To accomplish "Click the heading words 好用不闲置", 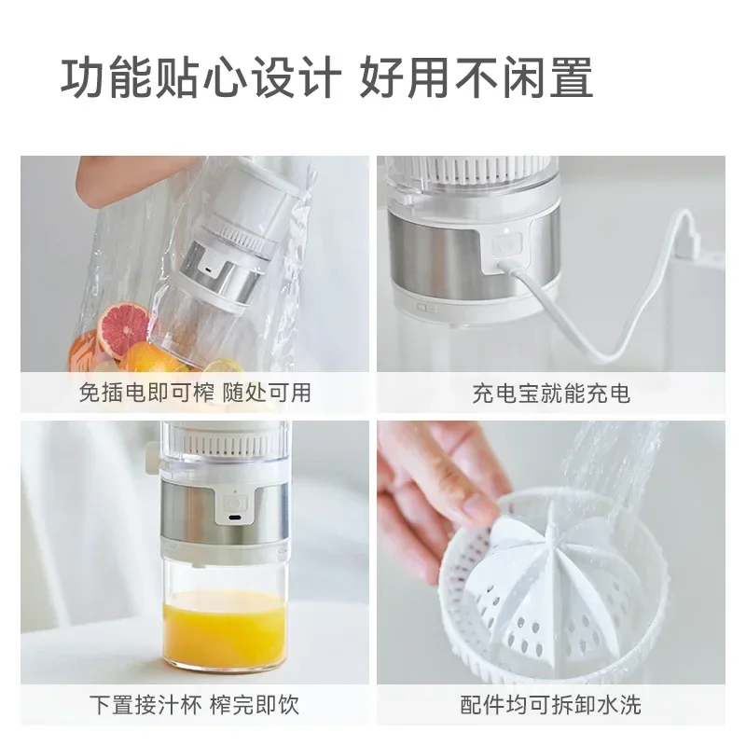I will point(476,79).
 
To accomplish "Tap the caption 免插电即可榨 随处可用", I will point(194,393).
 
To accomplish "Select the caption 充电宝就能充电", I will point(551,393).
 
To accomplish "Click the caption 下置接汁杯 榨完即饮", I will point(194,703).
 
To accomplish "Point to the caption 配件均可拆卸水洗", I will point(551,703).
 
